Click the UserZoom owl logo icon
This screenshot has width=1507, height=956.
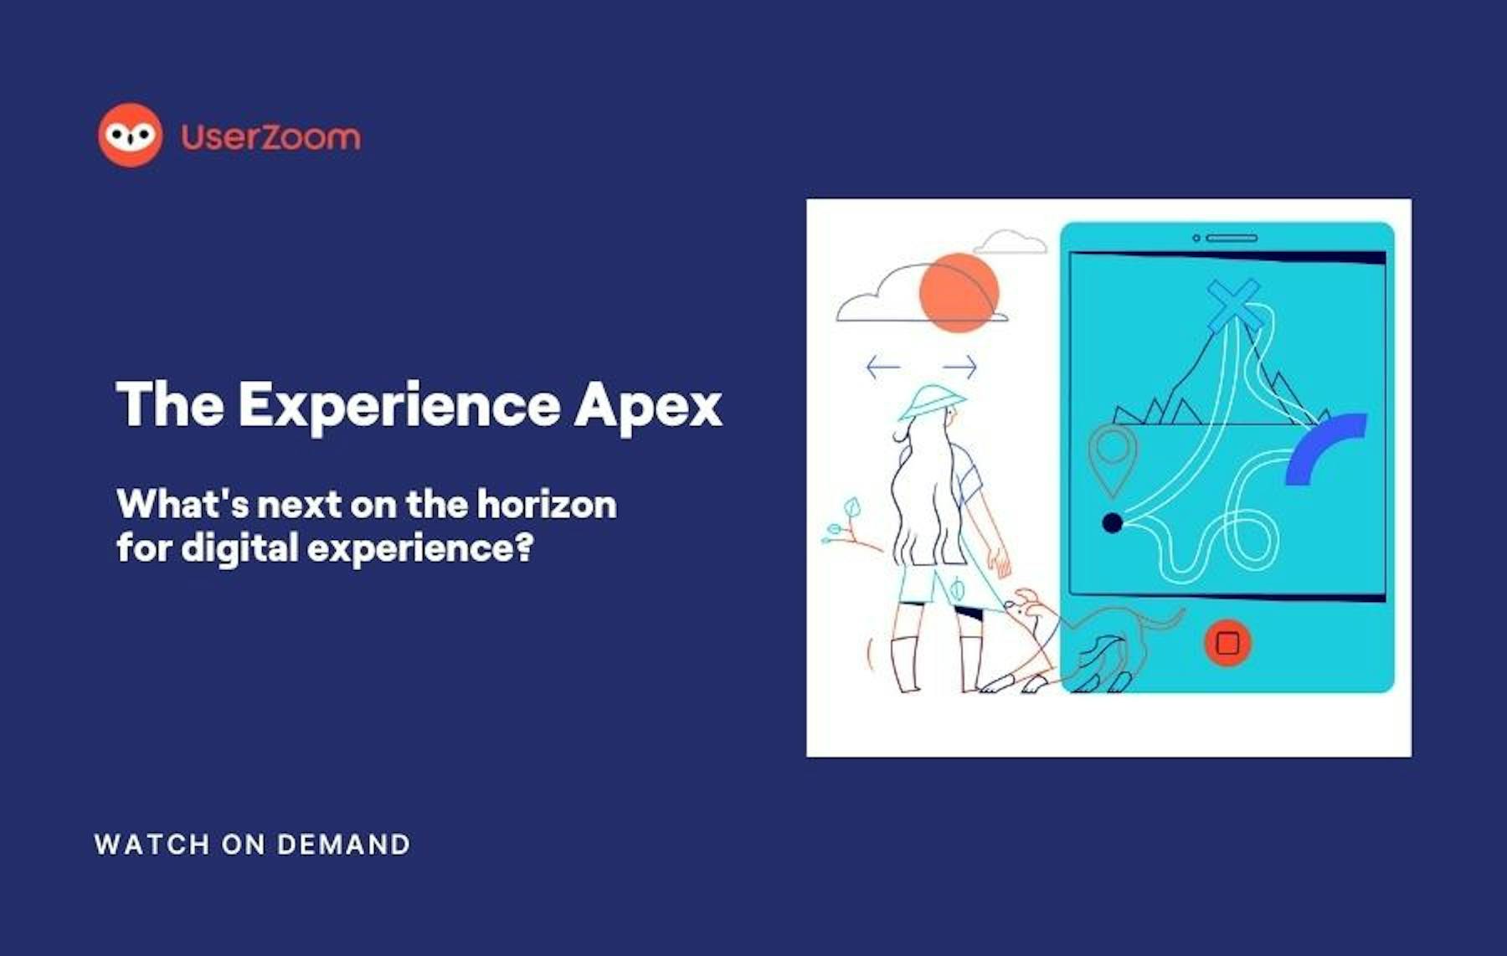(130, 135)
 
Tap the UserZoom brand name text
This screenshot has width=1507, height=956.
(270, 136)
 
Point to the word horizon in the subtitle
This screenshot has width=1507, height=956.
(547, 504)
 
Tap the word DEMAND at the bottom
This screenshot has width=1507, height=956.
(343, 844)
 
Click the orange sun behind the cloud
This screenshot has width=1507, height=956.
(959, 292)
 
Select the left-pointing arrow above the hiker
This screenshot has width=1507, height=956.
(883, 366)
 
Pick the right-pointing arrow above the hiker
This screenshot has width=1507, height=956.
(959, 366)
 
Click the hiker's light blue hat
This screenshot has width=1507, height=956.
(931, 402)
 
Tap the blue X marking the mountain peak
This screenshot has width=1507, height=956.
(1233, 304)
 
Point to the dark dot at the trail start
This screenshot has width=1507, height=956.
(1112, 523)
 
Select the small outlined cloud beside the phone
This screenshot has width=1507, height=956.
(1011, 242)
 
